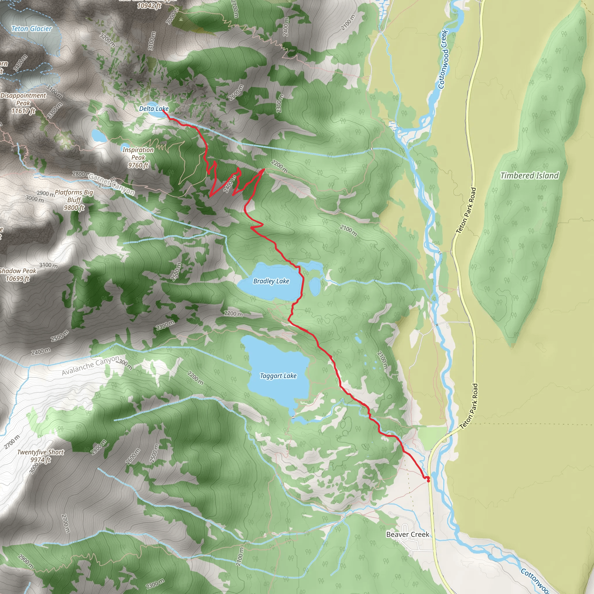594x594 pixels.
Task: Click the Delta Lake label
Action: (x=154, y=108)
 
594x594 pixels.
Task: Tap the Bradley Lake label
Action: (x=271, y=281)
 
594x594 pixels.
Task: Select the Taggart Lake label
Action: (x=278, y=376)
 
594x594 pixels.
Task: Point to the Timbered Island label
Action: (x=529, y=175)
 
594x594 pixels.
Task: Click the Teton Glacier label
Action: (x=31, y=29)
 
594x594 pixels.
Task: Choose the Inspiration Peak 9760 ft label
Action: (x=138, y=157)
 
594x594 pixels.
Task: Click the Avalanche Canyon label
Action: (x=90, y=365)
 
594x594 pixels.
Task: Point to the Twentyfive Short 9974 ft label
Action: (x=41, y=456)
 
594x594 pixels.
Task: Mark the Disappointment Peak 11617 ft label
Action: (x=23, y=103)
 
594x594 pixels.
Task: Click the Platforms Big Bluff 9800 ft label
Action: (x=74, y=200)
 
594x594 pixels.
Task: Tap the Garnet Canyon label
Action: (x=111, y=184)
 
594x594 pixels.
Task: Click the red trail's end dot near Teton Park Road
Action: (x=428, y=479)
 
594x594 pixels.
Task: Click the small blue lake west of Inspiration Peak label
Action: (x=98, y=135)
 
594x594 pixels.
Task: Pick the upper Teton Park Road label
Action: (x=466, y=211)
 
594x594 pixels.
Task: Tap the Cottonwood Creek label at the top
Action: (x=444, y=59)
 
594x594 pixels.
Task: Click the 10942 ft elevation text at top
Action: (x=149, y=6)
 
